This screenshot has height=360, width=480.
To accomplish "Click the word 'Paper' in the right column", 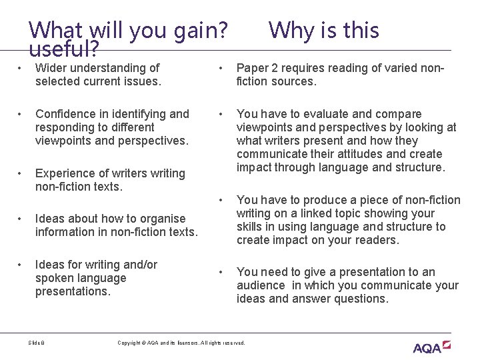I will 253,68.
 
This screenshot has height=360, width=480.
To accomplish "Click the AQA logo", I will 432,347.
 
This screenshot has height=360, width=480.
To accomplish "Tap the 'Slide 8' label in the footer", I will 37,343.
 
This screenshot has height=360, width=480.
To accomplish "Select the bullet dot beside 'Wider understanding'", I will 21,68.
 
